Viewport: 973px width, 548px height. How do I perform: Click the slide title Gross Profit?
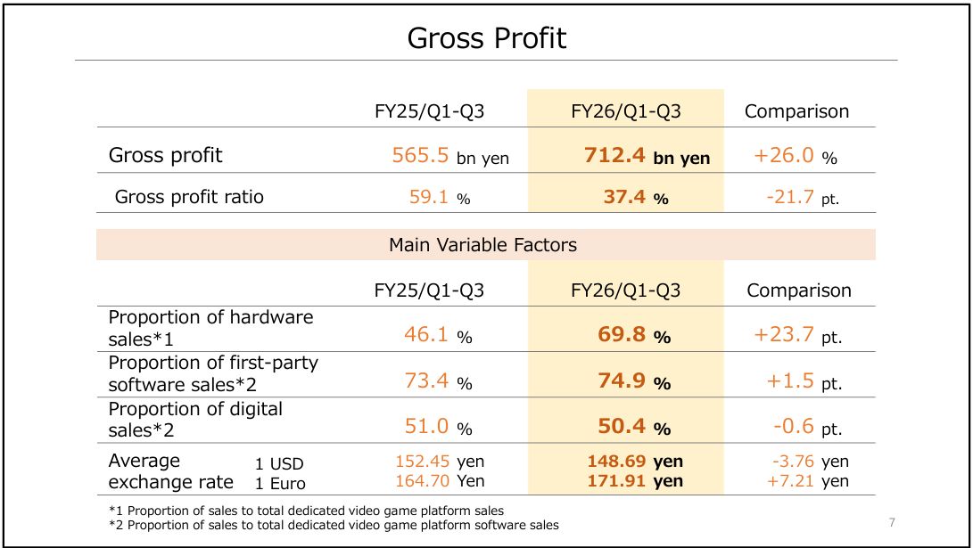pyautogui.click(x=486, y=38)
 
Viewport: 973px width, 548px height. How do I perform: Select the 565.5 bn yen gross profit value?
pyautogui.click(x=450, y=156)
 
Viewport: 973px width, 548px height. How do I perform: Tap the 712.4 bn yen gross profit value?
pyautogui.click(x=647, y=156)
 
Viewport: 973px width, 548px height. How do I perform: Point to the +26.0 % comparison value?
pyautogui.click(x=796, y=156)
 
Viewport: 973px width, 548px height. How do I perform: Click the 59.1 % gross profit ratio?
pyautogui.click(x=439, y=197)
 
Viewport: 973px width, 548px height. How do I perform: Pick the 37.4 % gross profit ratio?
pyautogui.click(x=636, y=197)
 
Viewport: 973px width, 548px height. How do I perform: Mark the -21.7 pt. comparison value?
pyautogui.click(x=802, y=197)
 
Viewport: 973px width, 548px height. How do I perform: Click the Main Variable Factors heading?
pyautogui.click(x=482, y=244)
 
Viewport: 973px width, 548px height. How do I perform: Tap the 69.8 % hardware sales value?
pyautogui.click(x=634, y=336)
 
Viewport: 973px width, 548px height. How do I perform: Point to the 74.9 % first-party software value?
pyautogui.click(x=634, y=382)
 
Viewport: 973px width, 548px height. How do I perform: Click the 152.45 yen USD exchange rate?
pyautogui.click(x=440, y=462)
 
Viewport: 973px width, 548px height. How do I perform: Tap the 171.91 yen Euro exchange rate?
pyautogui.click(x=635, y=482)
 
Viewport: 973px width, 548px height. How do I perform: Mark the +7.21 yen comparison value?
pyautogui.click(x=807, y=482)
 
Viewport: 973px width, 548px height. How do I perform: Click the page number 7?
pyautogui.click(x=892, y=521)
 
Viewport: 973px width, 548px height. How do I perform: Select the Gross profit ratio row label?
pyautogui.click(x=189, y=197)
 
